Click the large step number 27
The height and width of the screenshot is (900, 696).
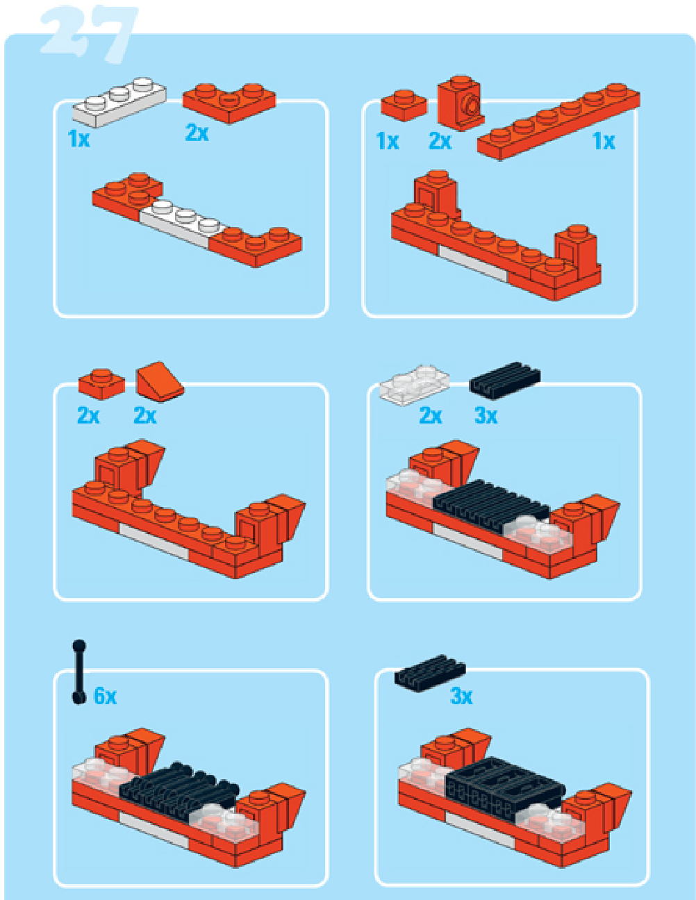pyautogui.click(x=89, y=35)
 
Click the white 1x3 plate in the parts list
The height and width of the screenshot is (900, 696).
pyautogui.click(x=119, y=102)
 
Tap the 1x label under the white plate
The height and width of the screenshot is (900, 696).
pyautogui.click(x=78, y=139)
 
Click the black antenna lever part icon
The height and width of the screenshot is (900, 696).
pyautogui.click(x=78, y=672)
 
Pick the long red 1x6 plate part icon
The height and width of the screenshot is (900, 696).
pyautogui.click(x=558, y=121)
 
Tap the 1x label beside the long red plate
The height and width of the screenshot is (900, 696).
pyautogui.click(x=604, y=142)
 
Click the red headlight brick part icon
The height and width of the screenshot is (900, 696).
pyautogui.click(x=461, y=103)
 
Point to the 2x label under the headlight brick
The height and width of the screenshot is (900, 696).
pyautogui.click(x=440, y=142)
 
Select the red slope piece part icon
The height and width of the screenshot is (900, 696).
pyautogui.click(x=160, y=381)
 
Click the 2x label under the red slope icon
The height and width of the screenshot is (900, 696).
pyautogui.click(x=145, y=415)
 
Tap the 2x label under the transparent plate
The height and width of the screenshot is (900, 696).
pyautogui.click(x=431, y=415)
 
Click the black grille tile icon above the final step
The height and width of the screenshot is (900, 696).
pyautogui.click(x=429, y=673)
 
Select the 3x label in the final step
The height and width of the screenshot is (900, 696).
pyautogui.click(x=461, y=697)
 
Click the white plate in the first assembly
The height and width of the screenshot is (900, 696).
pyautogui.click(x=182, y=224)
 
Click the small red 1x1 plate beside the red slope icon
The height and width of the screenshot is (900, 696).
pyautogui.click(x=101, y=384)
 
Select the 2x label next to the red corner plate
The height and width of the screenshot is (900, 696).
pyautogui.click(x=197, y=133)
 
